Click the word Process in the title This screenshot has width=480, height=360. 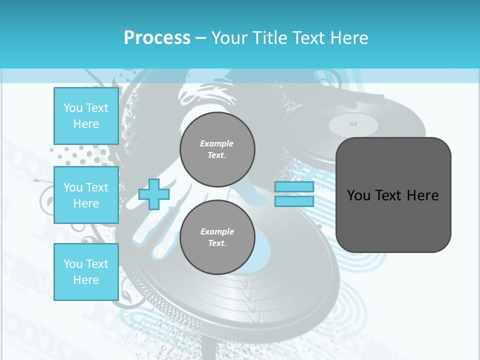157,38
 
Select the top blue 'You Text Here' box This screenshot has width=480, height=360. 86,116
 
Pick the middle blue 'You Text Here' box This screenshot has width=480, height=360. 86,195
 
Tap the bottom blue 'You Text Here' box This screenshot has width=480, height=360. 86,271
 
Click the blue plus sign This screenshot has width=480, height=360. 154,194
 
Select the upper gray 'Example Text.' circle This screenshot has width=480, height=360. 217,149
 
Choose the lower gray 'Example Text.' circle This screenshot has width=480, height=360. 217,237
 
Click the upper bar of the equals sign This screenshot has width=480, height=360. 294,187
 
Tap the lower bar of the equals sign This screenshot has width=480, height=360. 294,201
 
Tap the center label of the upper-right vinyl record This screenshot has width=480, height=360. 353,122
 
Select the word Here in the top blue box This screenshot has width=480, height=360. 86,124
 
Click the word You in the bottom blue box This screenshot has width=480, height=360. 73,263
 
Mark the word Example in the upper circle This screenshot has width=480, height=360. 217,143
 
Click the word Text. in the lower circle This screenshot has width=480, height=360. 217,243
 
